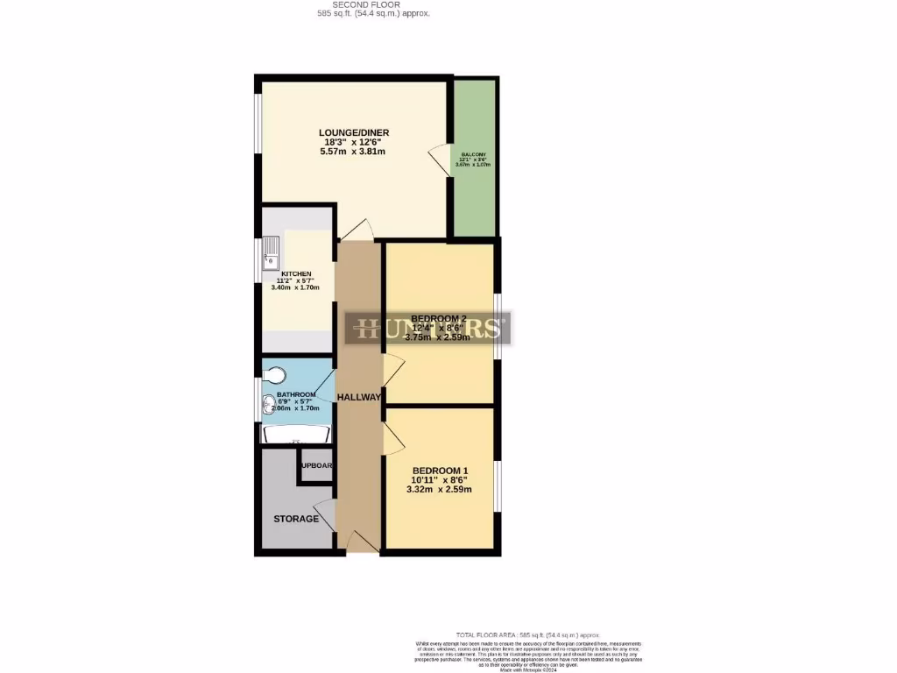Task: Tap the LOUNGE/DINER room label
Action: click(353, 132)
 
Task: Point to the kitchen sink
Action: click(271, 252)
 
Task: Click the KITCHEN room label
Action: click(295, 273)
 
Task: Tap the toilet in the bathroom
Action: click(275, 375)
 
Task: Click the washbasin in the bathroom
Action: click(269, 406)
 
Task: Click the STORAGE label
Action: click(296, 519)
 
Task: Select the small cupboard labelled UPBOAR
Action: click(315, 465)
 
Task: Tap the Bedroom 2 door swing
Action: click(392, 367)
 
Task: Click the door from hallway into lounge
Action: click(357, 230)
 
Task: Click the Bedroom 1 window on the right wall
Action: click(497, 485)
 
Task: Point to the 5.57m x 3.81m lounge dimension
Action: click(353, 152)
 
